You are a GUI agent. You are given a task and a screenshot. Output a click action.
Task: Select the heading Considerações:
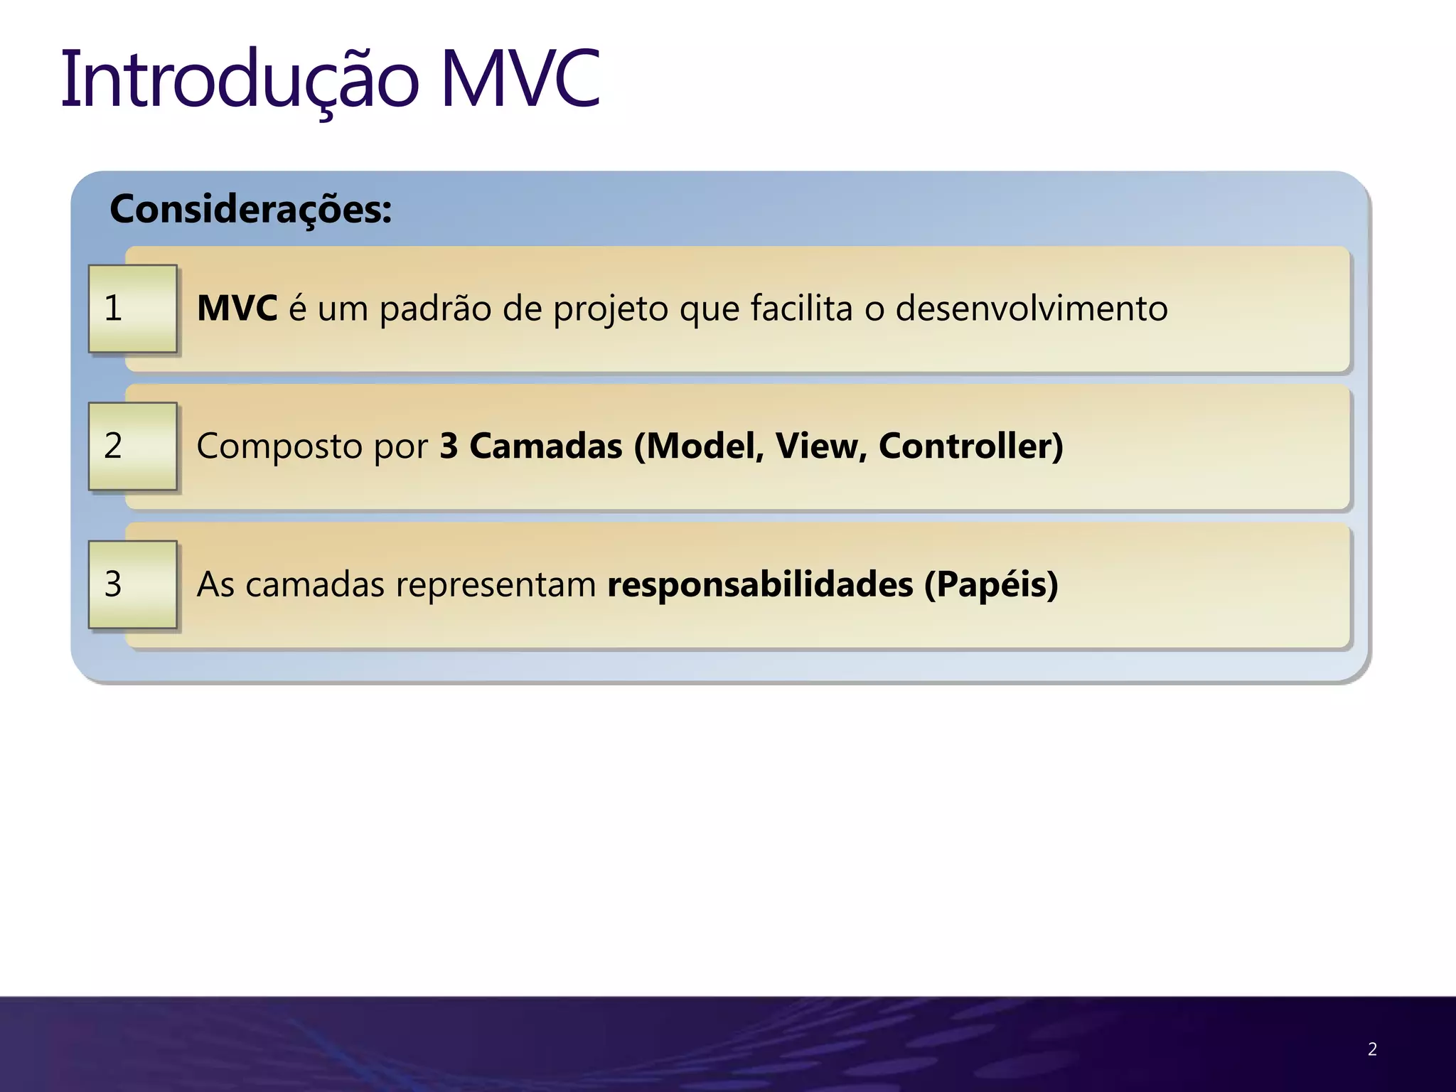pyautogui.click(x=250, y=210)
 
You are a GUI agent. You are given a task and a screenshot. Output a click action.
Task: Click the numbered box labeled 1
pyautogui.click(x=132, y=309)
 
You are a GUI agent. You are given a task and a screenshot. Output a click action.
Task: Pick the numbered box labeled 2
pyautogui.click(x=132, y=446)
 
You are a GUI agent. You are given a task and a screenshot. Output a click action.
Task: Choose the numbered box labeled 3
pyautogui.click(x=132, y=584)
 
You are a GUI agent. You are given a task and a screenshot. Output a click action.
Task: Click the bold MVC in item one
pyautogui.click(x=237, y=309)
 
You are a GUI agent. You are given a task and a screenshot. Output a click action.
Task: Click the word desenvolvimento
pyautogui.click(x=1031, y=309)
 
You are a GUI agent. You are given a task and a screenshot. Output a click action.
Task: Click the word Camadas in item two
pyautogui.click(x=545, y=446)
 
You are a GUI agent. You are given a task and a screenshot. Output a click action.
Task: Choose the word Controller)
pyautogui.click(x=970, y=446)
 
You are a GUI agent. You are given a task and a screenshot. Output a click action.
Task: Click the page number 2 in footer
pyautogui.click(x=1372, y=1049)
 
